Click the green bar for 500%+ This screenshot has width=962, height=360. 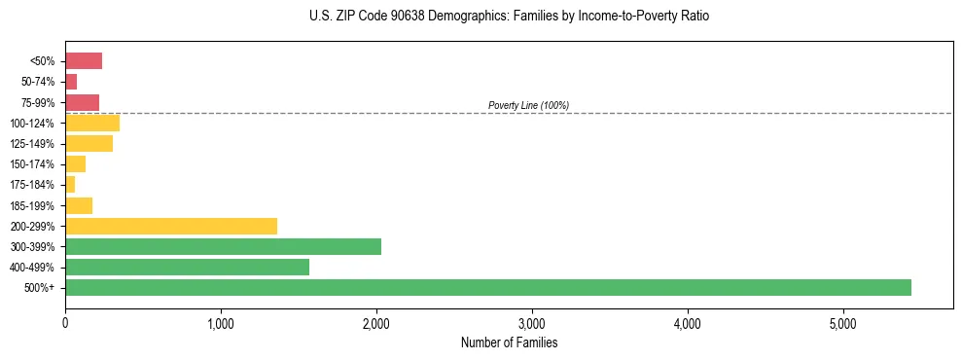click(487, 287)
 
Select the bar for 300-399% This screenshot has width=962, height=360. click(223, 246)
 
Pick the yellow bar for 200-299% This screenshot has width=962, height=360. click(171, 226)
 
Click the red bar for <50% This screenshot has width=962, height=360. click(84, 61)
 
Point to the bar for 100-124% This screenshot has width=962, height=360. click(92, 123)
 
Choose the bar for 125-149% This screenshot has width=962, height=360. click(89, 143)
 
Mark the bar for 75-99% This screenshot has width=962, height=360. click(82, 102)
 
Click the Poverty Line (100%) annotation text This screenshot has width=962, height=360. click(528, 105)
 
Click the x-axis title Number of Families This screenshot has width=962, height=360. click(509, 342)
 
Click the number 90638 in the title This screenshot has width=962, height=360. click(393, 17)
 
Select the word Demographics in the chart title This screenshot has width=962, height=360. click(458, 17)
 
